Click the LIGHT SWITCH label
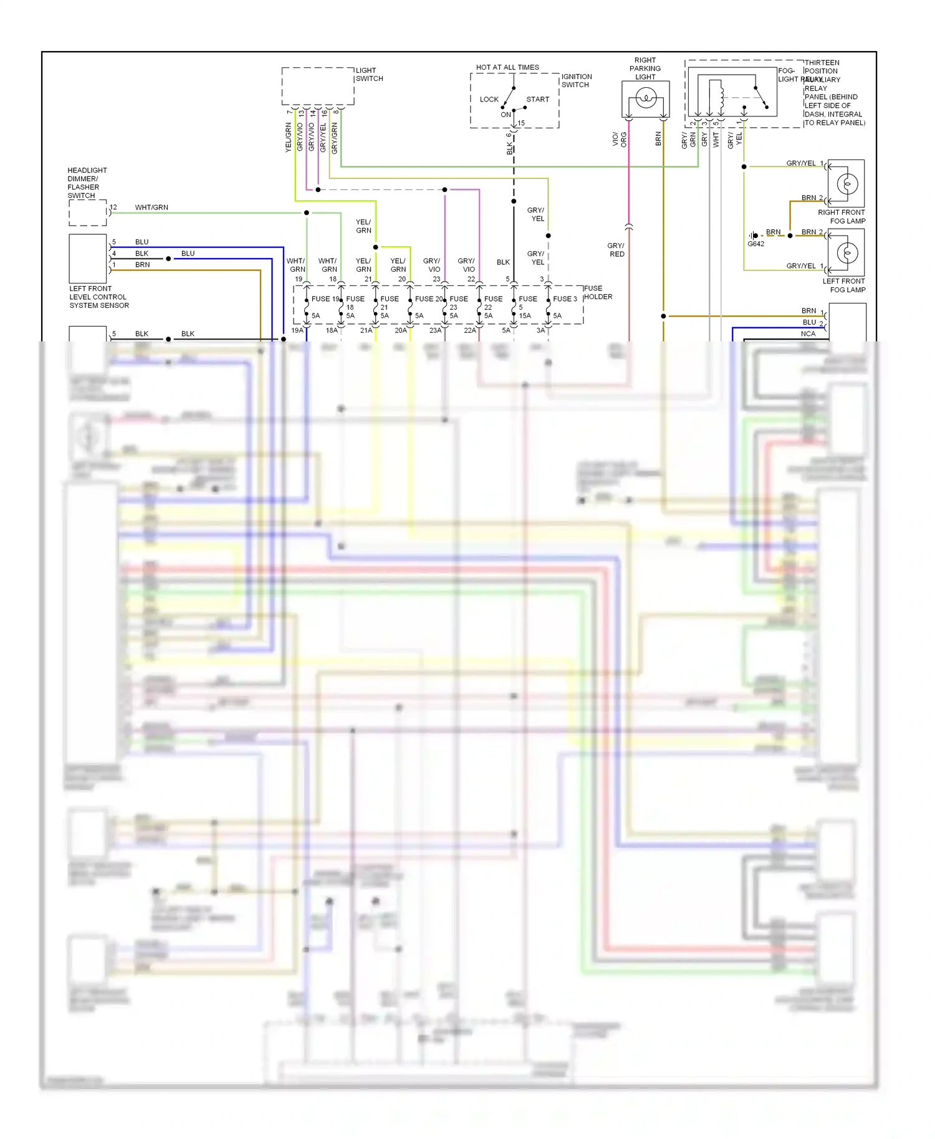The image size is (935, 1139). tap(369, 75)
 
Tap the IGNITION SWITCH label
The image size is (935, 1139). tap(576, 81)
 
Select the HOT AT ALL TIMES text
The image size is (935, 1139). tap(507, 67)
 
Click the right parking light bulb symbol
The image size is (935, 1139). tap(646, 98)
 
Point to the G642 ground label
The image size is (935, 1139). tap(755, 244)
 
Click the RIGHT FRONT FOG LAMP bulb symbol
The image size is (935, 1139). tap(846, 184)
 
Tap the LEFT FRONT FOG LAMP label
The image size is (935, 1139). tap(843, 285)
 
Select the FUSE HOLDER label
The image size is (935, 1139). tap(598, 293)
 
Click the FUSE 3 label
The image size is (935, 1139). tap(565, 299)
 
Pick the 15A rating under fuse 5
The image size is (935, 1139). tap(525, 316)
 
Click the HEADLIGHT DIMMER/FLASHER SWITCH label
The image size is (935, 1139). tap(87, 183)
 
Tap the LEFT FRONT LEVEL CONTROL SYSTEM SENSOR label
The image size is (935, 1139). tap(98, 297)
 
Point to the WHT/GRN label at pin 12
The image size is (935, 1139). tap(151, 207)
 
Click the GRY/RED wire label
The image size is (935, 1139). tap(616, 250)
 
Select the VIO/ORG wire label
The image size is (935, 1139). tap(619, 140)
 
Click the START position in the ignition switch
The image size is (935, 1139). tap(537, 100)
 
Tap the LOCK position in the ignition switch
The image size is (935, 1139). tap(489, 100)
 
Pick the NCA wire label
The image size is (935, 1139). tap(808, 334)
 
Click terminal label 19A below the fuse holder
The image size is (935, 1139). tap(297, 331)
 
